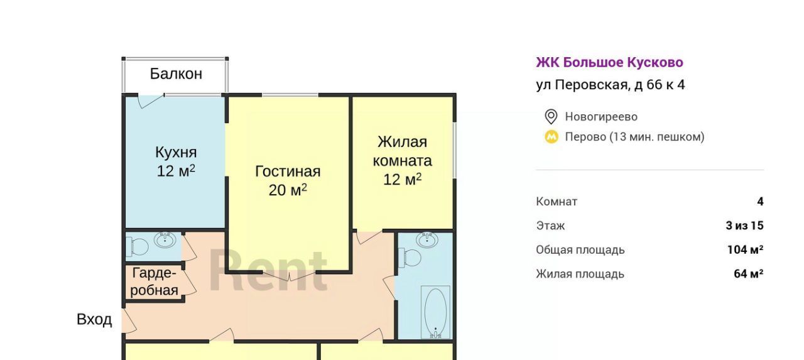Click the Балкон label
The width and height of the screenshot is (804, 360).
(x=176, y=74)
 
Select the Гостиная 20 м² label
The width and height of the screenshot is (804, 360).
(x=288, y=180)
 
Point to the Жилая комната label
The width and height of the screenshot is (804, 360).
(x=402, y=151)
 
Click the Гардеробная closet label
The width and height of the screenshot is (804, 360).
(x=155, y=281)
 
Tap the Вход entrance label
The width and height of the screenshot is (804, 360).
(x=94, y=319)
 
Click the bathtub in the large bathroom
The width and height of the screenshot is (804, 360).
(x=435, y=312)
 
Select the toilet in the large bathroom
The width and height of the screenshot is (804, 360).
(x=411, y=258)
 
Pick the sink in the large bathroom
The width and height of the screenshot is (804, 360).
(x=427, y=239)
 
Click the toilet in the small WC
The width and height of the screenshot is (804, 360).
(x=139, y=247)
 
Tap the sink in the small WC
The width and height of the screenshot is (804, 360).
(x=165, y=240)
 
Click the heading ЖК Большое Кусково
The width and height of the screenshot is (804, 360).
(x=609, y=62)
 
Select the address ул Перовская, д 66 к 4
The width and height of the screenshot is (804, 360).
(x=611, y=85)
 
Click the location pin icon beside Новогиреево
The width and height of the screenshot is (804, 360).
(x=551, y=117)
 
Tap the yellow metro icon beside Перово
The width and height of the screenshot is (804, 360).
(x=551, y=137)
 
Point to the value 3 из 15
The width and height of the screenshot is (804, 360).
(x=744, y=226)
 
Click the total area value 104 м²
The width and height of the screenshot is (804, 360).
(x=745, y=249)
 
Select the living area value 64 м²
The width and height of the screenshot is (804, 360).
(x=748, y=273)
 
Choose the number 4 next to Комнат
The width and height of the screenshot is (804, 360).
(x=760, y=201)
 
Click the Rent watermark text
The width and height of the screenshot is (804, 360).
(x=268, y=270)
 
